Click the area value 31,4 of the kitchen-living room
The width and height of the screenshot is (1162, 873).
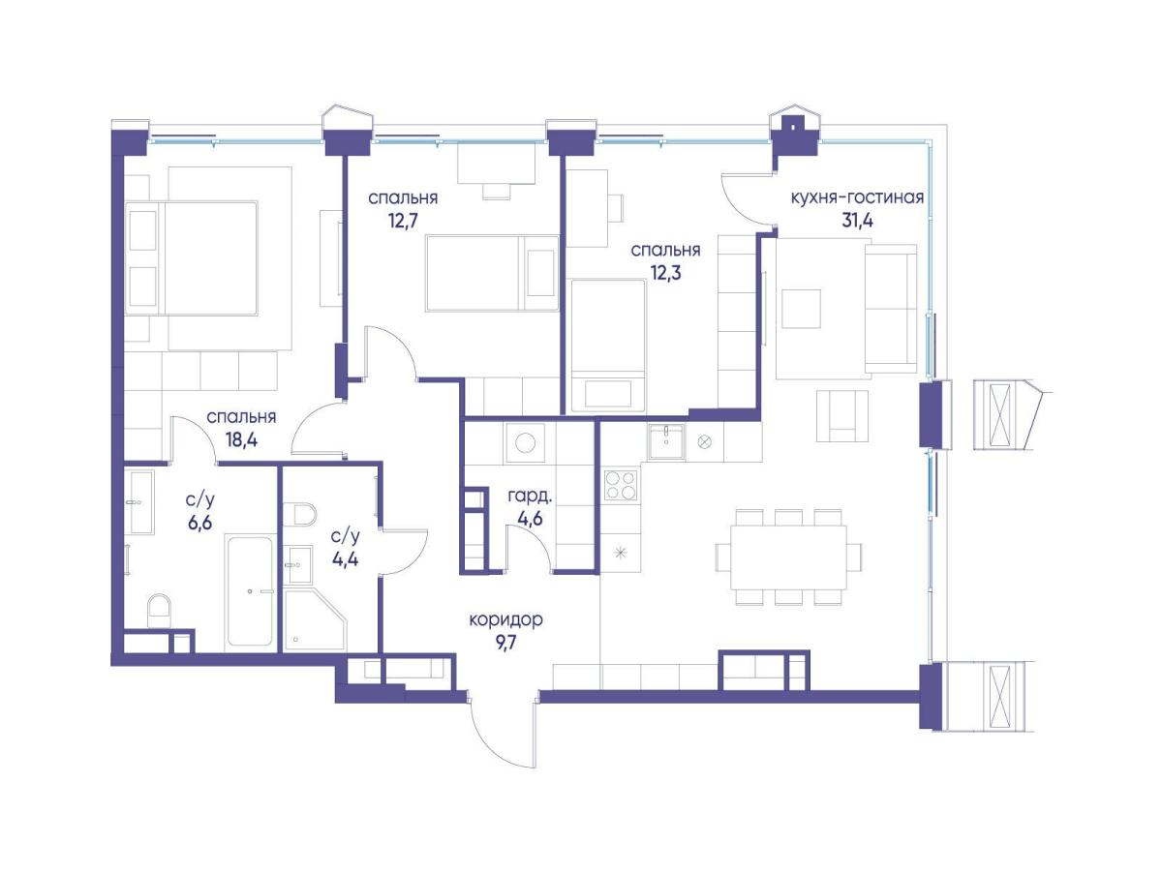[x=857, y=220]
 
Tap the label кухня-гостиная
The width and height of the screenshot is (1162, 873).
[x=857, y=197]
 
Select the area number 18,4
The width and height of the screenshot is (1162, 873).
[x=241, y=439]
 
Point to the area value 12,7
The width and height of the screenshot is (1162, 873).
[x=403, y=220]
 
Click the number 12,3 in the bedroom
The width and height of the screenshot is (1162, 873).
[x=665, y=273]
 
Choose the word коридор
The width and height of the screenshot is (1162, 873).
[x=506, y=619]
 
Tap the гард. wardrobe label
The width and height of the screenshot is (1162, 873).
[x=530, y=497]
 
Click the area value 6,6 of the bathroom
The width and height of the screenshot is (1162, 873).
[x=199, y=523]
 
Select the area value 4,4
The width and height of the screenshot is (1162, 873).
[x=345, y=558]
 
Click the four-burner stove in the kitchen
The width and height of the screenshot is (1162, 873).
[x=621, y=485]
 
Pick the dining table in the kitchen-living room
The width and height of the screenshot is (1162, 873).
[x=787, y=557]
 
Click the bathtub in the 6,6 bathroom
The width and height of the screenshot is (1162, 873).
[x=249, y=590]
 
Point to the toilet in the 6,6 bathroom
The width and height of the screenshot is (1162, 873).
[x=159, y=611]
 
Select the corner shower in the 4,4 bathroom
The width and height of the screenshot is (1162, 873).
[x=315, y=619]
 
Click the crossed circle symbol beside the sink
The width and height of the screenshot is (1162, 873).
[x=704, y=441]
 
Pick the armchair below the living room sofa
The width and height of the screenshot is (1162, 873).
[x=842, y=416]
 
